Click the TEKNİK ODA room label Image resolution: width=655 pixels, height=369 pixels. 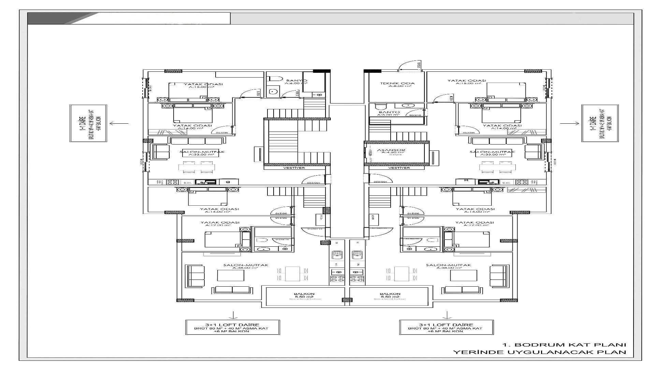tap(397, 84)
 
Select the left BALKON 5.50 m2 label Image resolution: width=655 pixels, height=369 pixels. tap(304, 296)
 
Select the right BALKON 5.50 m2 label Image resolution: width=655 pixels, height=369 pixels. tap(390, 296)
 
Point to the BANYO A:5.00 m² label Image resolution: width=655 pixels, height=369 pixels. tap(389, 113)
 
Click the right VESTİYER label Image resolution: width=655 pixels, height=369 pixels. tap(399, 168)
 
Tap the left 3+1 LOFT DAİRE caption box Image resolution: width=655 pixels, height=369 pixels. tap(233, 327)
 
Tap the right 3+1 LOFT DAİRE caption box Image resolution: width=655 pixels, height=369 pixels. tap(446, 327)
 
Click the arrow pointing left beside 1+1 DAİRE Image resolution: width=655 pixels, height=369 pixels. tap(119, 124)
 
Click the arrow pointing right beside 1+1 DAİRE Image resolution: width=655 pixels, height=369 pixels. tap(569, 123)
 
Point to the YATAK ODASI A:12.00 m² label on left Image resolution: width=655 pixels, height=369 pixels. tap(220, 223)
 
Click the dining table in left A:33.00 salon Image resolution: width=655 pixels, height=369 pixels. tap(197, 167)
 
